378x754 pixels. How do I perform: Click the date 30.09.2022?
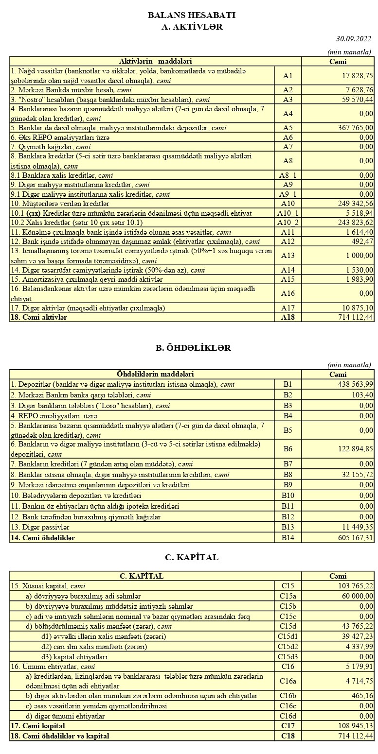point(353,39)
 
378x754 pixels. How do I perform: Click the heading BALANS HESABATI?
point(192,16)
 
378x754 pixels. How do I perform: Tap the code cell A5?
point(288,128)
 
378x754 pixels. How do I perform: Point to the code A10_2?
point(288,222)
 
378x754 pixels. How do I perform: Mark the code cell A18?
point(288,317)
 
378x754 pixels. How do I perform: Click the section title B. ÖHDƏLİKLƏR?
point(193,348)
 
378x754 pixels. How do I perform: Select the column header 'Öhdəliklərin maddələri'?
point(155,374)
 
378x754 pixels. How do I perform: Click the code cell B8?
point(288,475)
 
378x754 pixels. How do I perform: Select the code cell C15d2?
point(288,647)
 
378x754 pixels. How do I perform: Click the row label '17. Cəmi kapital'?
point(38,726)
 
